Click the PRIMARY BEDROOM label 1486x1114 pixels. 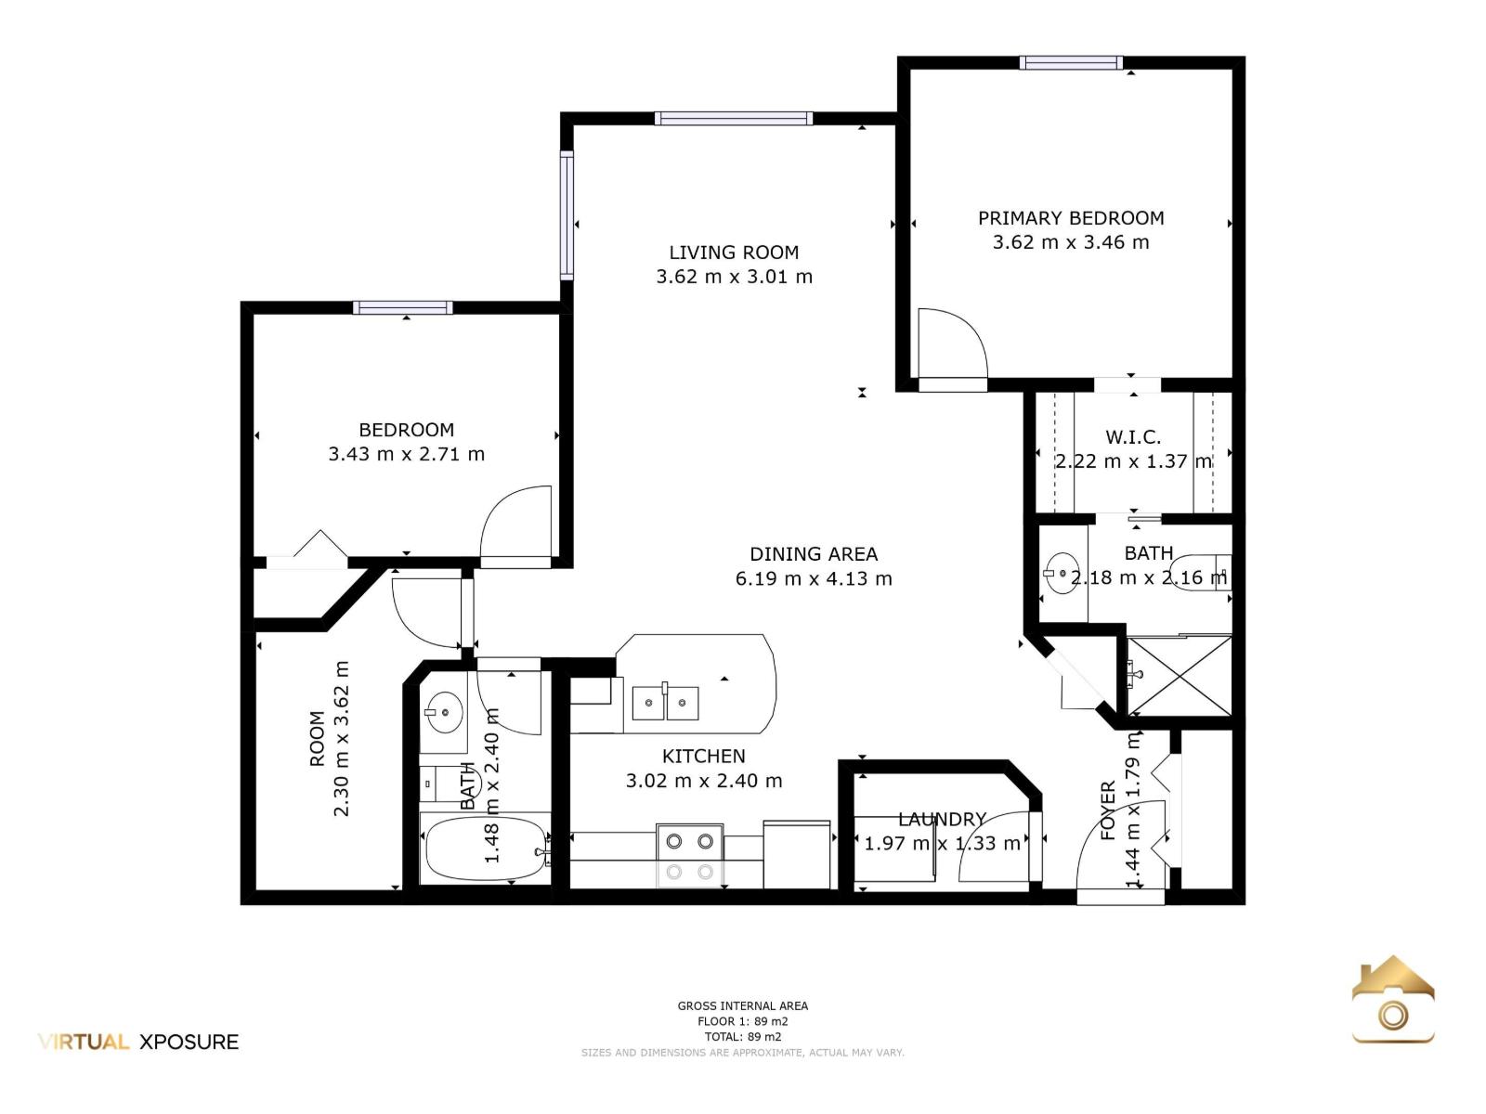(1070, 218)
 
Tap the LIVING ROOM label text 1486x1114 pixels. (734, 253)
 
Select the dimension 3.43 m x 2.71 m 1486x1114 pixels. (406, 454)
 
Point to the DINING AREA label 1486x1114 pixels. (813, 554)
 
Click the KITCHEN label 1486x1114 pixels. (703, 757)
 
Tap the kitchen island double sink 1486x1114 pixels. (665, 703)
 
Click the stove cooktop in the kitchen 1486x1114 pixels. (689, 855)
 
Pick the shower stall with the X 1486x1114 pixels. (1179, 676)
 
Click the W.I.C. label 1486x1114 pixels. (1132, 437)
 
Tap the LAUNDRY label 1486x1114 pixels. (942, 819)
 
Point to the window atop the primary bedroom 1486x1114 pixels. (1071, 63)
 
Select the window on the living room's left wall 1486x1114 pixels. (567, 215)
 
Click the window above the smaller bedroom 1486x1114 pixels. (403, 308)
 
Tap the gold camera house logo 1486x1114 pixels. (1392, 1000)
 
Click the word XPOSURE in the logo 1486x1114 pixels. (189, 1043)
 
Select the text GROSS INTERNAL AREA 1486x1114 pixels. (743, 1005)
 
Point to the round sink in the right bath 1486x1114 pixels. (1061, 574)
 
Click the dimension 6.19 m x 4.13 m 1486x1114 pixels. (813, 579)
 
